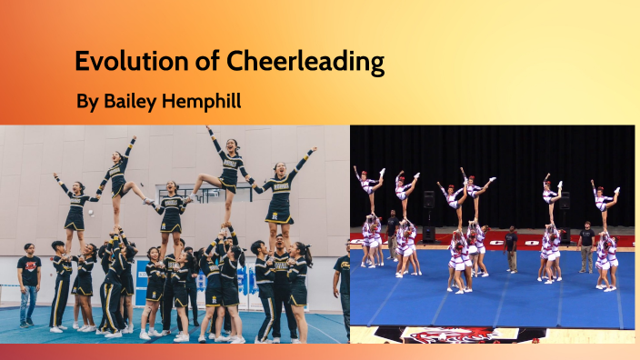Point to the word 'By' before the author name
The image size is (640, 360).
[x=86, y=102]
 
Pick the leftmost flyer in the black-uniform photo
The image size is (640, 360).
[x=73, y=205]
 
